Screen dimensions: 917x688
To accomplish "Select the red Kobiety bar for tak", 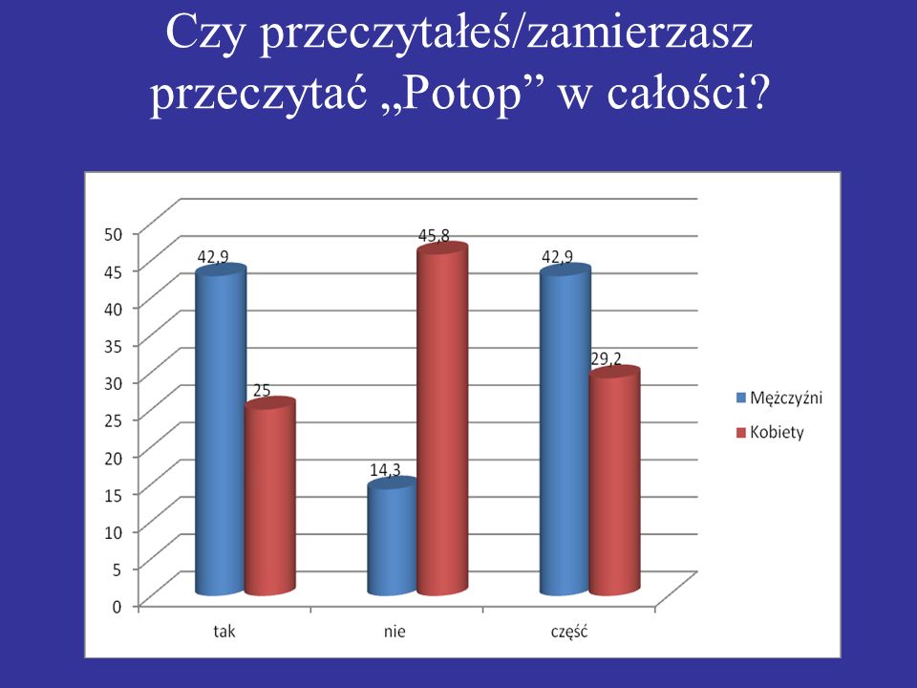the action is click(269, 496).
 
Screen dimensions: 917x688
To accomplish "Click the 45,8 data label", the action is click(434, 235).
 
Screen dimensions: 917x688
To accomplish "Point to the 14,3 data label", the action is click(385, 469).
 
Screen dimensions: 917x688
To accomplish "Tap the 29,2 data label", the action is click(606, 358).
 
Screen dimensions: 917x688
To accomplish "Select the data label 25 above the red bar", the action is click(262, 390).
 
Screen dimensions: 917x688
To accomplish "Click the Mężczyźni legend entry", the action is click(779, 398).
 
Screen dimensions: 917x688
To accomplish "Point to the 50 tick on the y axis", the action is click(114, 234).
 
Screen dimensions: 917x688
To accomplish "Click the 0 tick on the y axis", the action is click(117, 606).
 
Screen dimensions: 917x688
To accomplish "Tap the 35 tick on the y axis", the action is click(114, 346).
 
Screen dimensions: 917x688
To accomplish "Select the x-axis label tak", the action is click(224, 632).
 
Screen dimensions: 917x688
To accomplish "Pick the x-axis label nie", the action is click(395, 632).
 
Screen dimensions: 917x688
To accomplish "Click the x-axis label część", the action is click(569, 632).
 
